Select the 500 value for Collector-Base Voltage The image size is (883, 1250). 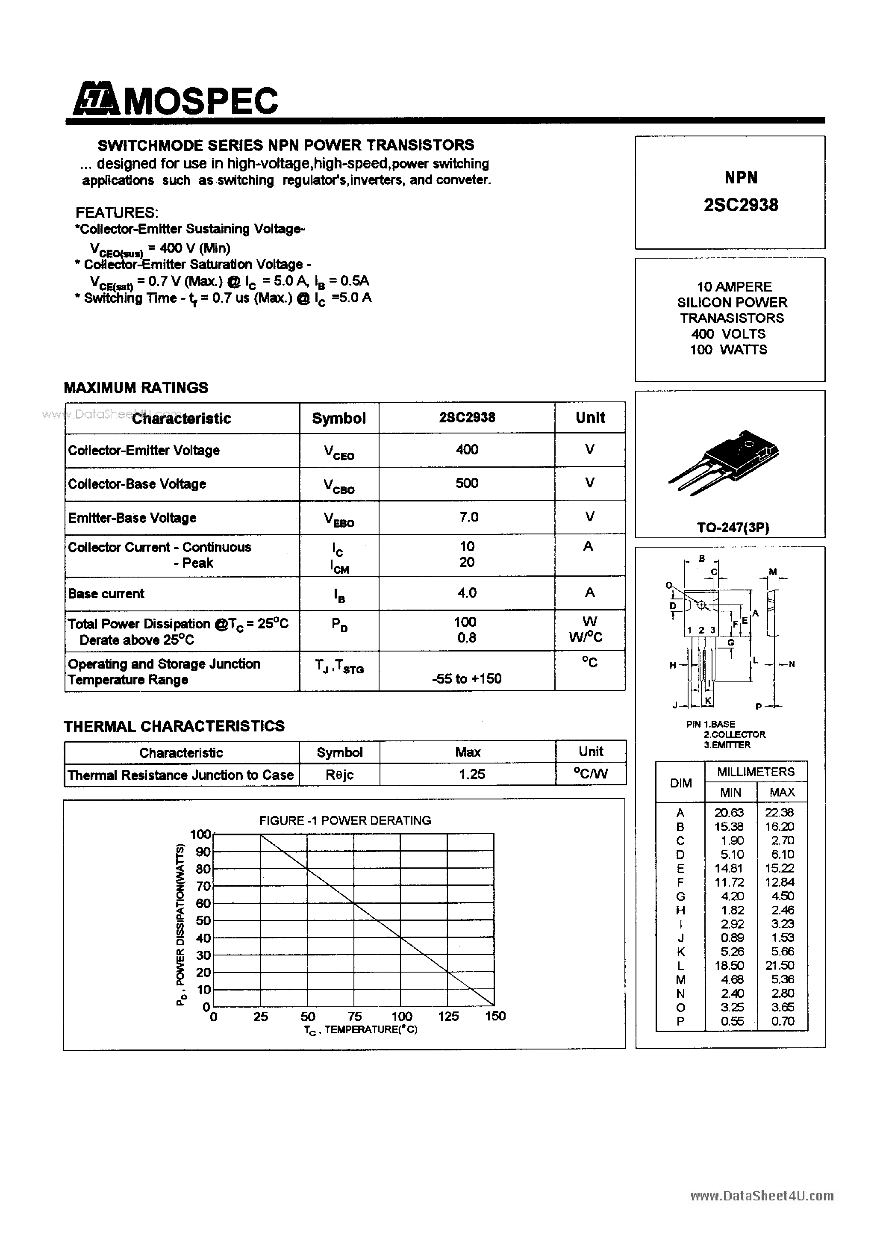click(x=467, y=483)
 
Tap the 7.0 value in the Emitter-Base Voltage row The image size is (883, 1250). click(x=468, y=517)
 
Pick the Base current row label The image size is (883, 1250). click(x=106, y=593)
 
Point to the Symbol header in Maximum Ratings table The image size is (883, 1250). click(x=338, y=418)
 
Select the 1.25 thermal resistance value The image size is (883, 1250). click(x=471, y=774)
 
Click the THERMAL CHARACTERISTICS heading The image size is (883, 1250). click(x=174, y=726)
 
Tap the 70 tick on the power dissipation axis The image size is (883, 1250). click(x=203, y=886)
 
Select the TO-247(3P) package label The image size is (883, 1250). click(x=733, y=528)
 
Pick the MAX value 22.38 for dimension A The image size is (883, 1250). click(x=782, y=812)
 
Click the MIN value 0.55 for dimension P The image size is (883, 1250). click(x=732, y=1021)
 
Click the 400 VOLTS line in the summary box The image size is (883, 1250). click(x=728, y=334)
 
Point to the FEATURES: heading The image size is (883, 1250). click(x=117, y=212)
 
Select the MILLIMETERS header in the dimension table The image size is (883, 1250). click(x=756, y=772)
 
